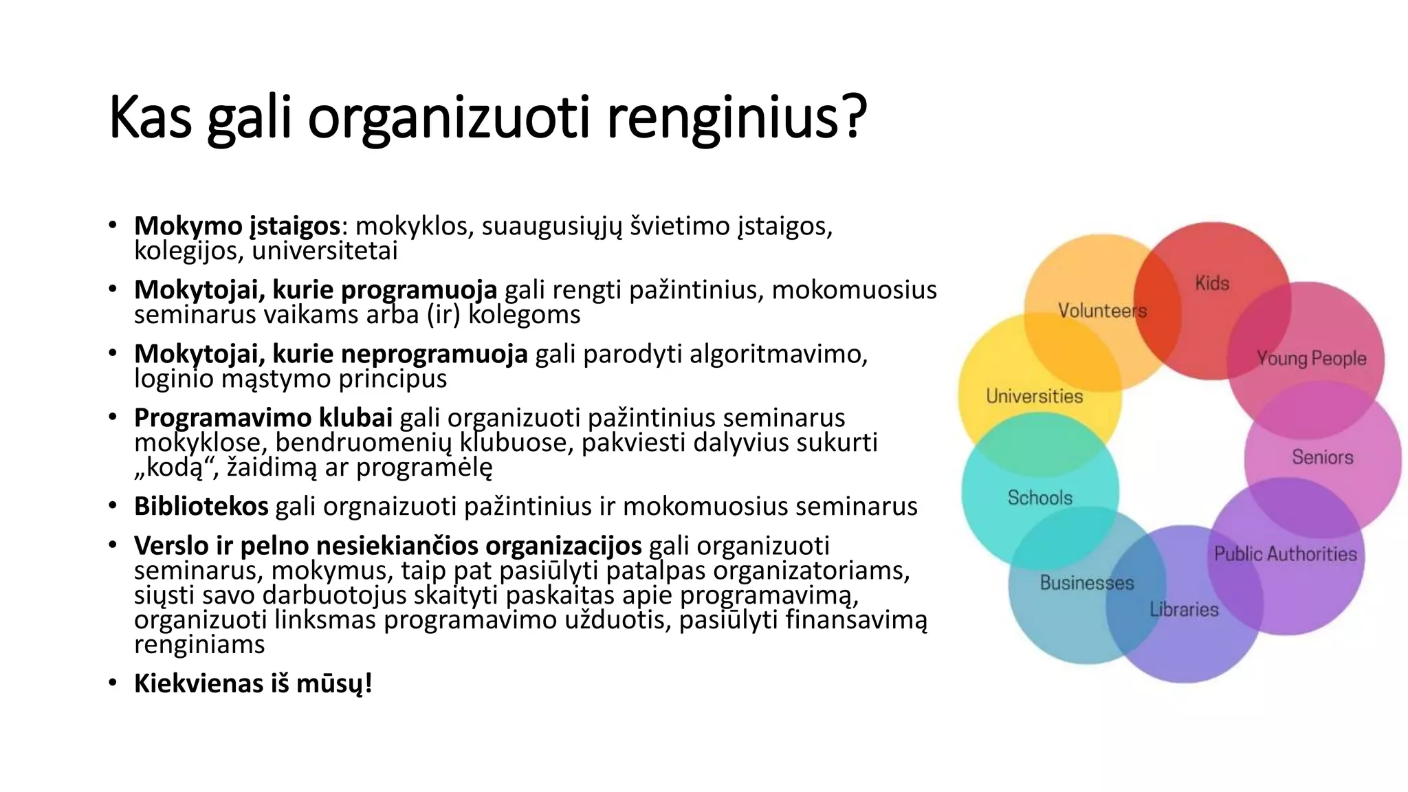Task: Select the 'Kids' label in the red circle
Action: (1212, 283)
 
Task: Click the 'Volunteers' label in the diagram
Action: (1102, 311)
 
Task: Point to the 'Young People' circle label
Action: (1311, 358)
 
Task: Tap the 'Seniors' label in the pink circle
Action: (1322, 457)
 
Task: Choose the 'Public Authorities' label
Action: (1285, 554)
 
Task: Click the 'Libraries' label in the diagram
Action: (1184, 610)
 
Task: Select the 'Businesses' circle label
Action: (1086, 583)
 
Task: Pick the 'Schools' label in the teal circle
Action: (1039, 498)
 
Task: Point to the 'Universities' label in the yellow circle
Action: (1034, 397)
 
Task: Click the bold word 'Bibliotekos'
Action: (201, 507)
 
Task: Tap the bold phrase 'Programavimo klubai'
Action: (263, 418)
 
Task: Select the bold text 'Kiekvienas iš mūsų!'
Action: (253, 684)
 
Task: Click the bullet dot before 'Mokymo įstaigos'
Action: (113, 225)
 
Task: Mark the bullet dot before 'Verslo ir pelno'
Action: (113, 545)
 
